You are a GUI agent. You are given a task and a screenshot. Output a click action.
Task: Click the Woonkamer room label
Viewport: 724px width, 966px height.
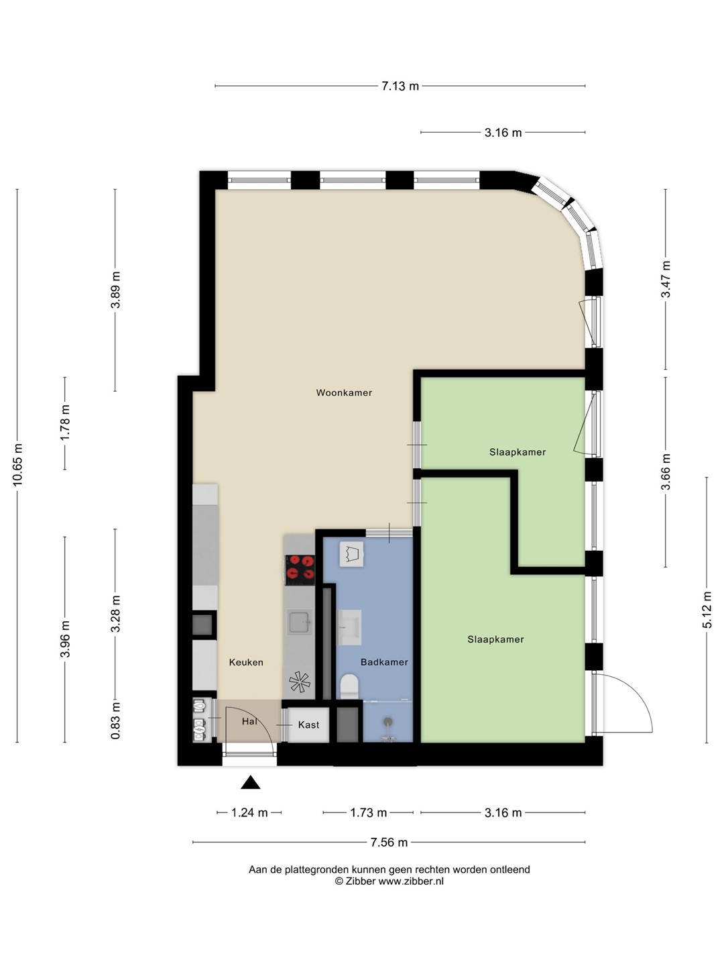[x=344, y=392]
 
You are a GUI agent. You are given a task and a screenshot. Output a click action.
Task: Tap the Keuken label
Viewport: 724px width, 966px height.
[x=246, y=662]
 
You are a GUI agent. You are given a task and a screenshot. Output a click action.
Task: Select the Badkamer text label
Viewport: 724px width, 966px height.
[x=384, y=662]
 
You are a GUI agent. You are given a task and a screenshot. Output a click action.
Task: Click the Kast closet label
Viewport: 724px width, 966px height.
[x=308, y=724]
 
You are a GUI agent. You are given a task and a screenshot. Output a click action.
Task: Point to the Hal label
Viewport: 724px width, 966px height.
[x=249, y=722]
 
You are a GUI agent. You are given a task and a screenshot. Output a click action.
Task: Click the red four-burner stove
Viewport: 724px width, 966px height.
[x=300, y=570]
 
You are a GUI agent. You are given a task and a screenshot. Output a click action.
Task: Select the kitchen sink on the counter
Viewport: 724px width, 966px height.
[x=300, y=622]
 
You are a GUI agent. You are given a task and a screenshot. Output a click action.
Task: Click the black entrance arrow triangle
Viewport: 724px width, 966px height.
[x=251, y=782]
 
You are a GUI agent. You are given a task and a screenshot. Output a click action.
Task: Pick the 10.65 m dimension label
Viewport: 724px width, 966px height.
[x=17, y=466]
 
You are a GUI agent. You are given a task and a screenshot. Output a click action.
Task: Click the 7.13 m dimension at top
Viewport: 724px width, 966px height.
[x=400, y=86]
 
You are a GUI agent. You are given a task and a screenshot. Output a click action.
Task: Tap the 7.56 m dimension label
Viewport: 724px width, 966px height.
[x=389, y=843]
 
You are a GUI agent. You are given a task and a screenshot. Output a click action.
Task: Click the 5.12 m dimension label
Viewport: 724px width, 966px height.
[x=707, y=610]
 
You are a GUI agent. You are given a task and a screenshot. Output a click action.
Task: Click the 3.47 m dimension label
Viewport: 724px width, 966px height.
[x=666, y=279]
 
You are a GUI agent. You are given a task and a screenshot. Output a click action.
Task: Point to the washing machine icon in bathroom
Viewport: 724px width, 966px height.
[x=352, y=554]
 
